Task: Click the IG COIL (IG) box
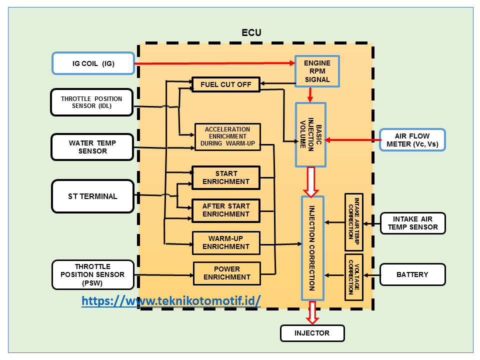pos(93,63)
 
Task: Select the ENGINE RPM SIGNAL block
pos(317,71)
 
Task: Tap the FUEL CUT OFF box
pos(226,84)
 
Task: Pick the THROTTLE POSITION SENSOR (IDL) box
pos(93,102)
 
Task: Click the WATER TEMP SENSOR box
pos(92,147)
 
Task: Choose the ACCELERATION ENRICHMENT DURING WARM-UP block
pos(227,136)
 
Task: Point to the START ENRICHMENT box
pos(226,177)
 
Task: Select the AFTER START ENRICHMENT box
pos(226,210)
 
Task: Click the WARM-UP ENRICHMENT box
pos(226,242)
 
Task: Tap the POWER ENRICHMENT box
pos(227,273)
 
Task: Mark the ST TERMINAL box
pos(93,196)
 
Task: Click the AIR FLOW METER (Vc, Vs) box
pos(412,140)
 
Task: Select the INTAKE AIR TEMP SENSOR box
pos(412,223)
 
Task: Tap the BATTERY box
pos(412,274)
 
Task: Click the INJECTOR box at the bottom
pos(312,333)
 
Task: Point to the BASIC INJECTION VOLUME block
pos(310,134)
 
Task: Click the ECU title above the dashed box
pos(251,33)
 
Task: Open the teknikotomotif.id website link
pos(171,301)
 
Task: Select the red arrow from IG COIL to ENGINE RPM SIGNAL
pos(215,63)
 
